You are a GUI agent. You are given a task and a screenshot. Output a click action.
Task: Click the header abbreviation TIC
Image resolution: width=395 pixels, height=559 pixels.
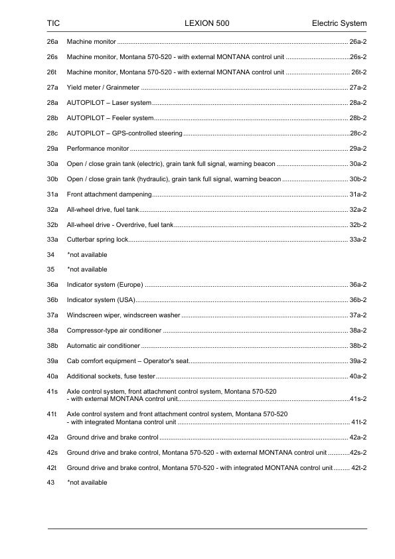(54, 24)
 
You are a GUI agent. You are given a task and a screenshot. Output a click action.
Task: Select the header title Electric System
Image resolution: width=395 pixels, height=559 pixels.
(339, 24)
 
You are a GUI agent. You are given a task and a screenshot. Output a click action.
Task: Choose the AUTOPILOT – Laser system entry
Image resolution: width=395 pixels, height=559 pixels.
(109, 103)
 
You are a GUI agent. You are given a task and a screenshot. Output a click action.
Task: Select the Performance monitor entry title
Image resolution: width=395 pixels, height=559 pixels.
(98, 148)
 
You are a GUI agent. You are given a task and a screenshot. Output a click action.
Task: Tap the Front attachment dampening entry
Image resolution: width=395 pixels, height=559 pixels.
(110, 194)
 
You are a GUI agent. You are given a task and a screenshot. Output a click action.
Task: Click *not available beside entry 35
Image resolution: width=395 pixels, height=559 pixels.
(87, 270)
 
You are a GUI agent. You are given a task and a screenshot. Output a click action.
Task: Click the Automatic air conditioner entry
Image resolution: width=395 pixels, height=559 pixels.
(104, 346)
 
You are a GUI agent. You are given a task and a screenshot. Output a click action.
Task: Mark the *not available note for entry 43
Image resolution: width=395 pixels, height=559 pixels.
(87, 483)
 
